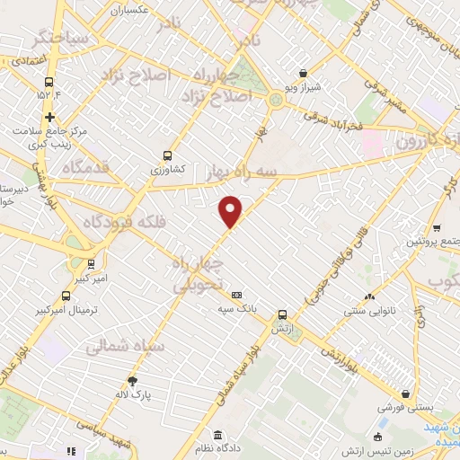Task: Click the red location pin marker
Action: [231, 211]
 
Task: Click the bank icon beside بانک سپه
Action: [237, 295]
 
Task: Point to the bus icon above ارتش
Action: [283, 314]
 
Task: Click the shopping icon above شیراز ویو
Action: [303, 73]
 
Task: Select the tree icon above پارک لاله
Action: [132, 380]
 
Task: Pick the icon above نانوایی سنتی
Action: [368, 296]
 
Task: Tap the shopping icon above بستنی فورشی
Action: [407, 394]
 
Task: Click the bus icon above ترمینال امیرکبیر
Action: [66, 296]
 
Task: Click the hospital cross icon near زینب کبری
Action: [49, 116]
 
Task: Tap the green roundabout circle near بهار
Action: [275, 100]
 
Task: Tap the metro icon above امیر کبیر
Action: [91, 263]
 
